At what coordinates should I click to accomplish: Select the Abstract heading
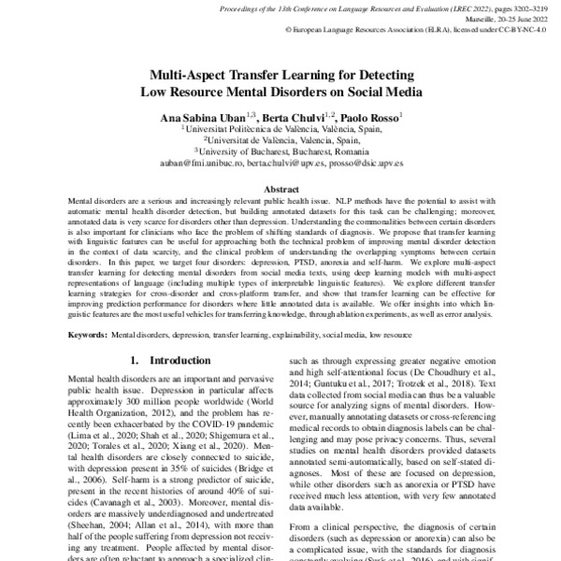tap(280, 187)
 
